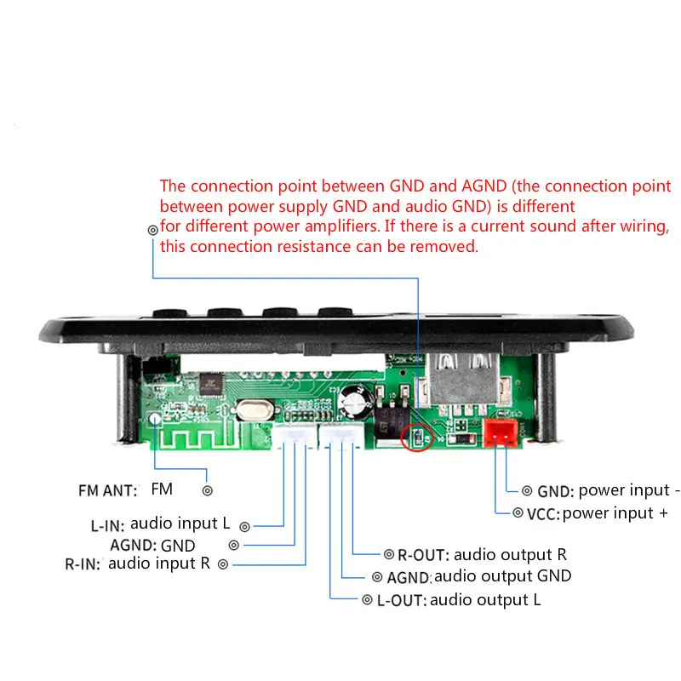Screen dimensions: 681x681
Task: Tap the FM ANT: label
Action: (x=107, y=490)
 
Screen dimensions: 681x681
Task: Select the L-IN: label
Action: (x=107, y=525)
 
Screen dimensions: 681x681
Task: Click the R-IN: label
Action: (x=83, y=564)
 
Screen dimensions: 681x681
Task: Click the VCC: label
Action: (x=542, y=513)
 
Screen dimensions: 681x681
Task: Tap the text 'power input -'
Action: (x=629, y=490)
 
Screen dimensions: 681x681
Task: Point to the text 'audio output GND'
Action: (x=502, y=576)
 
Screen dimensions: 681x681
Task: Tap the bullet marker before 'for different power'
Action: (x=152, y=229)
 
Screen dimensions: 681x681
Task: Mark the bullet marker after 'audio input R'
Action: (x=224, y=564)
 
